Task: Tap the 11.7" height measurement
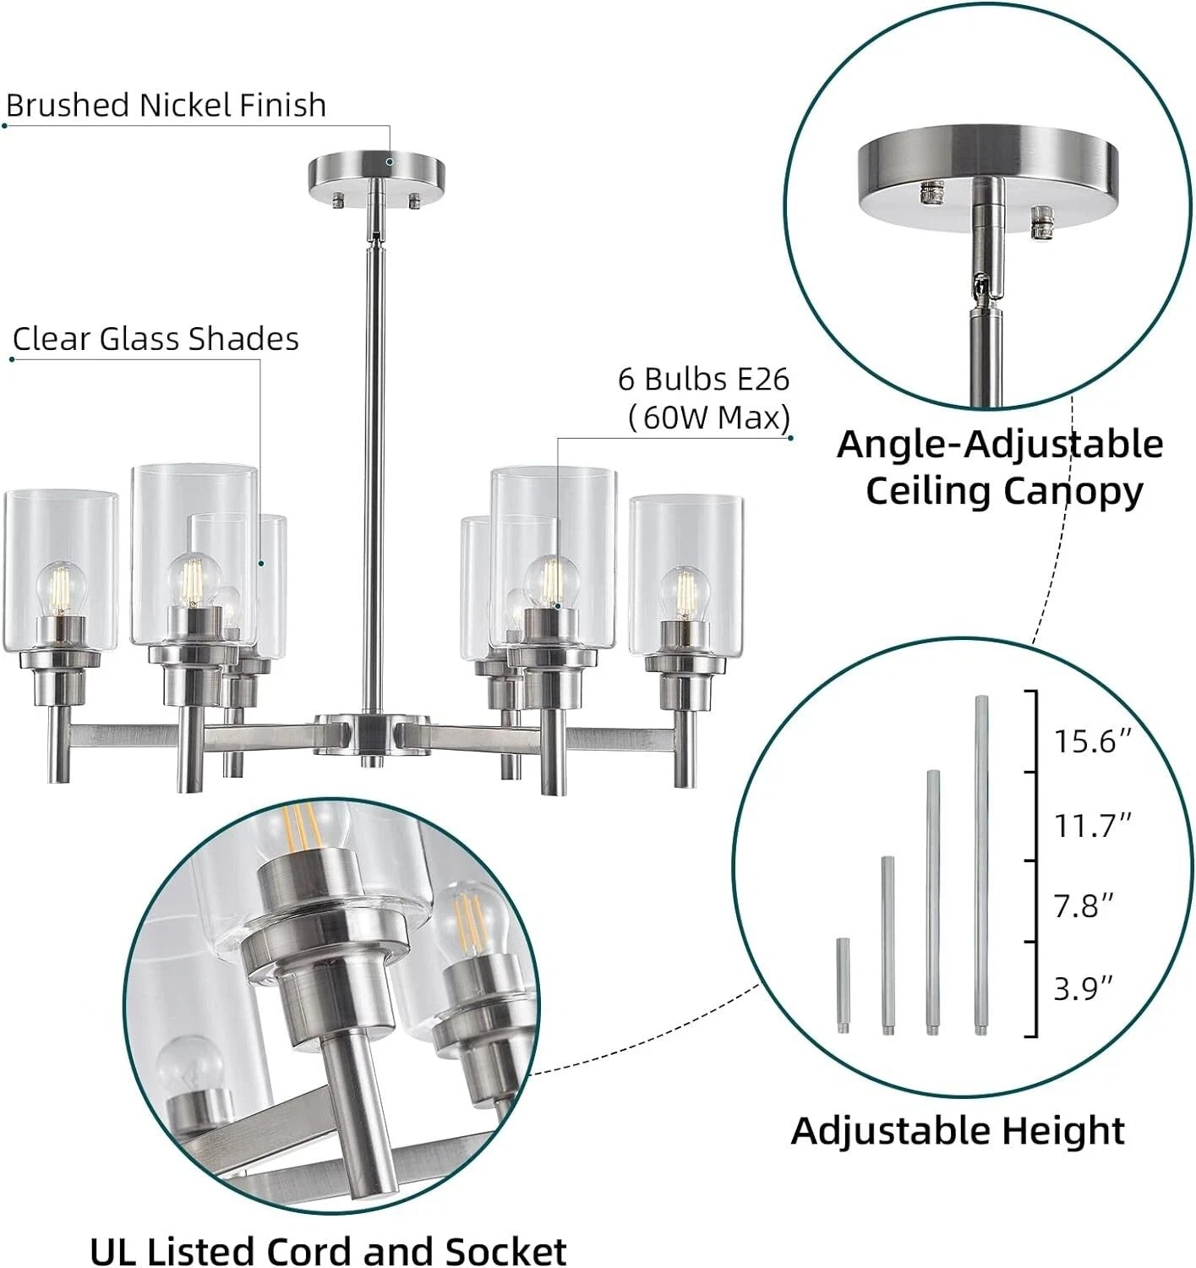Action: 1093,826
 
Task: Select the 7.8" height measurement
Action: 1084,906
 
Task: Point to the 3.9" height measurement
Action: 1084,989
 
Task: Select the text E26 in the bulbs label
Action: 764,380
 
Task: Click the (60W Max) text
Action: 709,418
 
